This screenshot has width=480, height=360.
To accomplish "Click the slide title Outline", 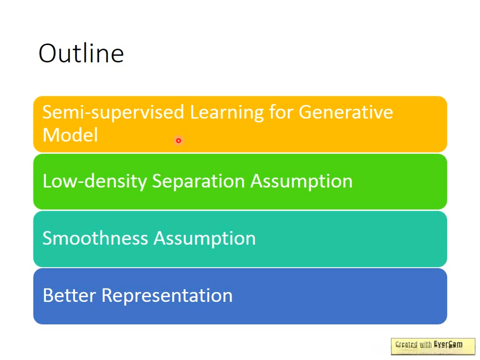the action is pyautogui.click(x=81, y=53).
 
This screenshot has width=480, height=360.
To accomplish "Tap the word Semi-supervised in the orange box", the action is pyautogui.click(x=113, y=112).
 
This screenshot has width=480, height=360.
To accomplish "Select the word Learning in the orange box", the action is pyautogui.click(x=227, y=112).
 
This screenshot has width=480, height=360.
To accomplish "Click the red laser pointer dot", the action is pyautogui.click(x=178, y=140).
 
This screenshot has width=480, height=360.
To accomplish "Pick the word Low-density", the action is pyautogui.click(x=95, y=181).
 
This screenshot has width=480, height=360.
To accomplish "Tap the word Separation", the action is pyautogui.click(x=198, y=181).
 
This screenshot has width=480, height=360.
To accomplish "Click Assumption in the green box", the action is pyautogui.click(x=301, y=181).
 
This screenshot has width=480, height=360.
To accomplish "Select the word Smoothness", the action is pyautogui.click(x=95, y=238).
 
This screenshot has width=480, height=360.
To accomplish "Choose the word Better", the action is pyautogui.click(x=69, y=295).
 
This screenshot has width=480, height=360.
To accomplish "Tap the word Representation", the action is pyautogui.click(x=167, y=296).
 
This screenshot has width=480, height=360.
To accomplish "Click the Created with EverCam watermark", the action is pyautogui.click(x=433, y=346).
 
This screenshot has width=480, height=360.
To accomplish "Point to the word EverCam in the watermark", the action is pyautogui.click(x=448, y=344).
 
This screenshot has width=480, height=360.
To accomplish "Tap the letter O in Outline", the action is pyautogui.click(x=48, y=53).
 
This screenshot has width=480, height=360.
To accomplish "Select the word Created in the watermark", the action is pyautogui.click(x=406, y=344).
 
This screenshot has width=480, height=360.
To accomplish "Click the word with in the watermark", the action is pyautogui.click(x=425, y=344).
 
